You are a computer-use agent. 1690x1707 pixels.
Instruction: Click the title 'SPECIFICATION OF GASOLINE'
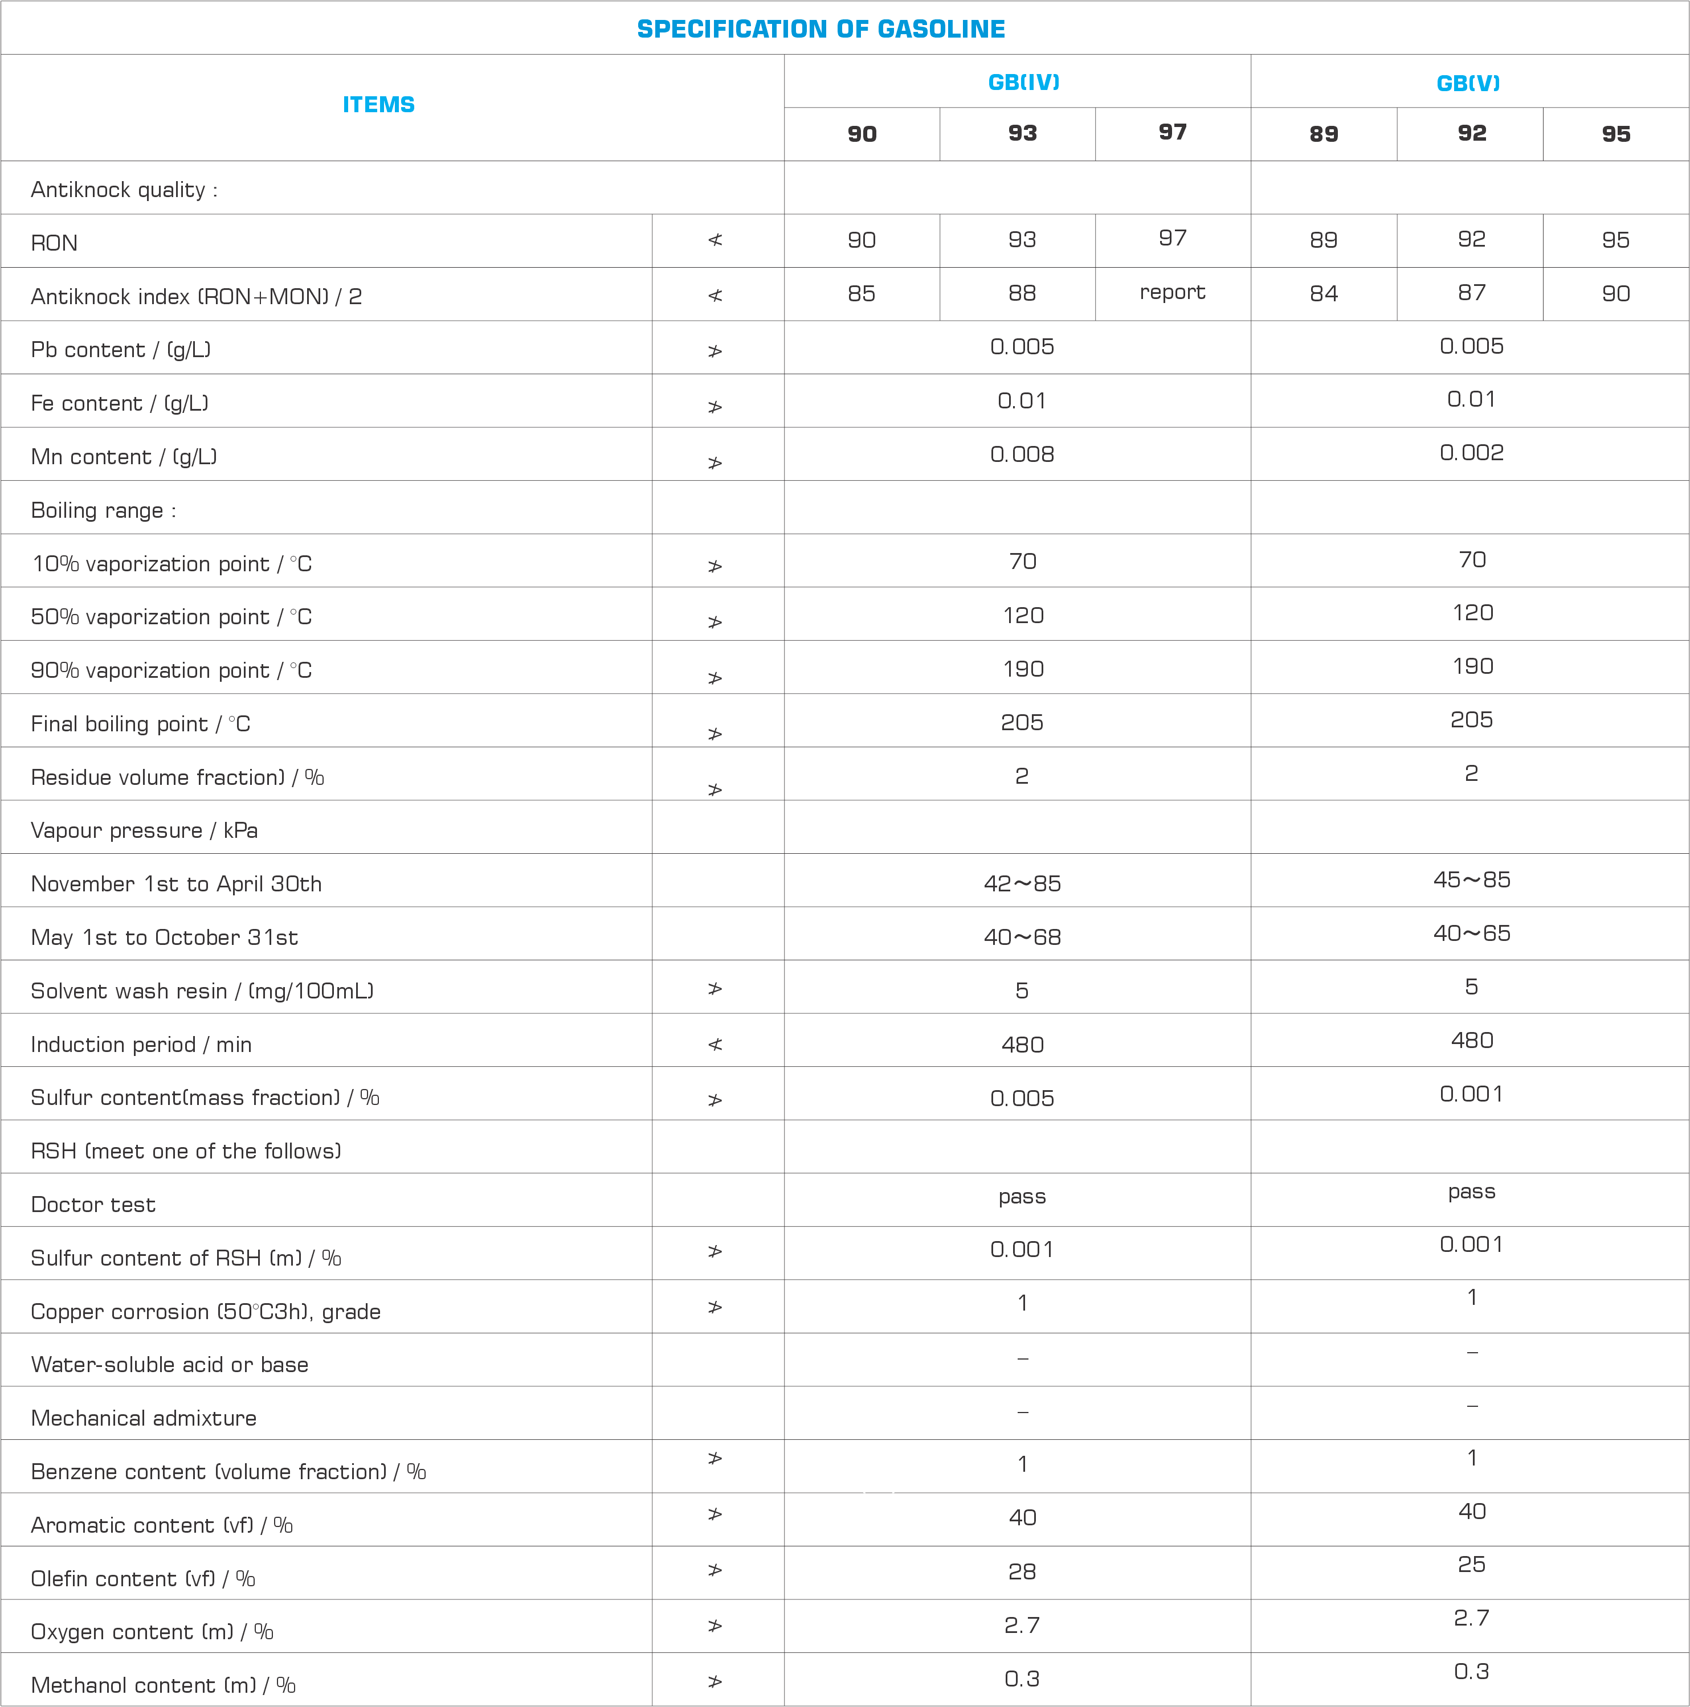pos(820,29)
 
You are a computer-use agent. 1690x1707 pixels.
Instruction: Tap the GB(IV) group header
pos(1023,82)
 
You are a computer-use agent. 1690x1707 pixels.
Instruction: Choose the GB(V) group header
pos(1468,83)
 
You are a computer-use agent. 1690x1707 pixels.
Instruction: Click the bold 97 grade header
pos(1173,133)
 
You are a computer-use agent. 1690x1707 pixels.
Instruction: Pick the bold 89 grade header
pos(1323,134)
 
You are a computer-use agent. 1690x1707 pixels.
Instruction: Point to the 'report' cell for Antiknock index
pos(1172,292)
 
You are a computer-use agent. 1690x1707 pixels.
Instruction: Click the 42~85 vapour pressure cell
pos(1022,883)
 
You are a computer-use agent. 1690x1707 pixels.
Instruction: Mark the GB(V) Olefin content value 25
pos(1471,1565)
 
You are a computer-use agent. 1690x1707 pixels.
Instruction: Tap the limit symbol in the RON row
pos(715,240)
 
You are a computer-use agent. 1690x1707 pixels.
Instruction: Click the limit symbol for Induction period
pos(715,1045)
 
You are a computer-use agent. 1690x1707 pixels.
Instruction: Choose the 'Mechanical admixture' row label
pos(143,1418)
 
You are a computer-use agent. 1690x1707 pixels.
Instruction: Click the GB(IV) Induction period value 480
pos(1022,1045)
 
